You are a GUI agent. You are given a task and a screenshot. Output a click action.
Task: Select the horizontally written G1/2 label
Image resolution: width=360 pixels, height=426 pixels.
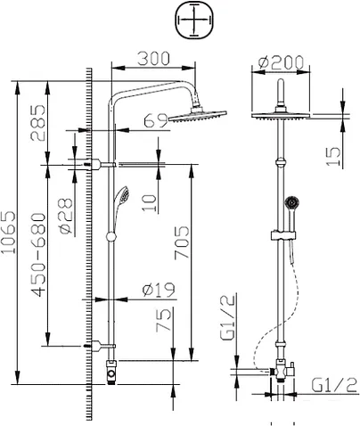(333, 386)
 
